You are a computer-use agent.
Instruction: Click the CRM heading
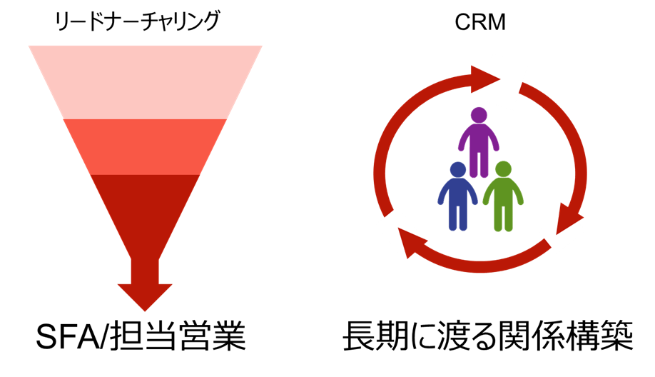click(x=479, y=23)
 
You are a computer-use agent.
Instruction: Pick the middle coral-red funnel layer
click(x=146, y=146)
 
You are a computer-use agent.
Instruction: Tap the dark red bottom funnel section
click(x=146, y=207)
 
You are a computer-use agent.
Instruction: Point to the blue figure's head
click(x=457, y=170)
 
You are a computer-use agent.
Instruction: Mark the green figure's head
click(x=503, y=170)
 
